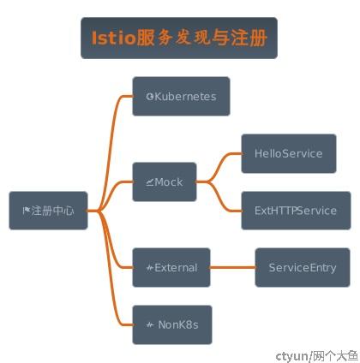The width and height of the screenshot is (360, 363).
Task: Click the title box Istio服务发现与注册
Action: click(x=179, y=39)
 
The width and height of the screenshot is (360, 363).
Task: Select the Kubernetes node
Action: click(x=181, y=97)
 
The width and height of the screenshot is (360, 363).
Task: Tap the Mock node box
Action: click(x=165, y=182)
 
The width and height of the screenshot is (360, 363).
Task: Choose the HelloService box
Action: click(x=289, y=153)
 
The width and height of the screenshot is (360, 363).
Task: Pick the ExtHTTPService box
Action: click(x=296, y=211)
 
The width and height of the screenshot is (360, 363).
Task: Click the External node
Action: click(x=171, y=268)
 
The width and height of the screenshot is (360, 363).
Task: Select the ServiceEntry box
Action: click(x=303, y=268)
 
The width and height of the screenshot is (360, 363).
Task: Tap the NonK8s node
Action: click(x=172, y=324)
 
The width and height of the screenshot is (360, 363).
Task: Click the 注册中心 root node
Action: click(x=48, y=211)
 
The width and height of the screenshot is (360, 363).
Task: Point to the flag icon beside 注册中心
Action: click(x=27, y=211)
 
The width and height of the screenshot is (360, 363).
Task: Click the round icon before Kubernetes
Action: click(x=150, y=97)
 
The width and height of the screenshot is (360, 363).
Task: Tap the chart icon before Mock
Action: click(x=150, y=182)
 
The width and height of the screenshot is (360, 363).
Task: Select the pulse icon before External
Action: click(x=150, y=268)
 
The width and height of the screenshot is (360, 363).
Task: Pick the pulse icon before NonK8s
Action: click(x=150, y=325)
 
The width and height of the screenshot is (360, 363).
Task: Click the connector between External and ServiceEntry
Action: click(x=233, y=268)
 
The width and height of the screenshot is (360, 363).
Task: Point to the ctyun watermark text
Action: click(x=317, y=356)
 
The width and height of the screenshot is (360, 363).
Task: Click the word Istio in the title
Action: click(x=113, y=38)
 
